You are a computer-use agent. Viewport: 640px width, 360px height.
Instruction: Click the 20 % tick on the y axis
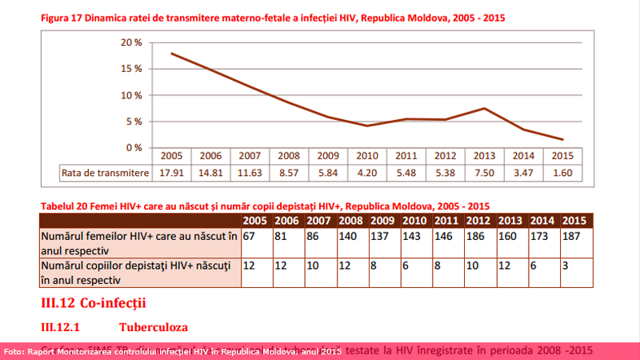coord(132,42)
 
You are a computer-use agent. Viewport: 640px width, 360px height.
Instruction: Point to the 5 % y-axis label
coord(134,122)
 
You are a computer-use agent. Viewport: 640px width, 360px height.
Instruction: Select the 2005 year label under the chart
coord(171,156)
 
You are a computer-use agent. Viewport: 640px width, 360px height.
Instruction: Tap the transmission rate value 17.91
coord(171,172)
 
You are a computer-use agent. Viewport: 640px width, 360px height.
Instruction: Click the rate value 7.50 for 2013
coord(485,172)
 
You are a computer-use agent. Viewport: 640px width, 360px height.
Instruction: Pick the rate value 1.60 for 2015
coord(562,172)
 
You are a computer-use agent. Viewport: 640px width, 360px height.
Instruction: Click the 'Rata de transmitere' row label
coord(106,172)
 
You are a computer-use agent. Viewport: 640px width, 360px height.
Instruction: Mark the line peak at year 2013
coord(485,108)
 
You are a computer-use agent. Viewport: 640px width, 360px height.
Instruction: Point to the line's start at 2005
coord(172,54)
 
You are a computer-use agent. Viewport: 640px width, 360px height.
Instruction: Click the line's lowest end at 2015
coord(562,139)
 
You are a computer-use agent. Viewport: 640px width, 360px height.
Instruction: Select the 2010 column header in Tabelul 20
coord(414,220)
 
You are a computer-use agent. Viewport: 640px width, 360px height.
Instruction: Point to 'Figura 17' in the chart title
coord(64,17)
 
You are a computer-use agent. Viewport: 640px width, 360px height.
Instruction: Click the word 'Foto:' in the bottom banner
coord(15,351)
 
